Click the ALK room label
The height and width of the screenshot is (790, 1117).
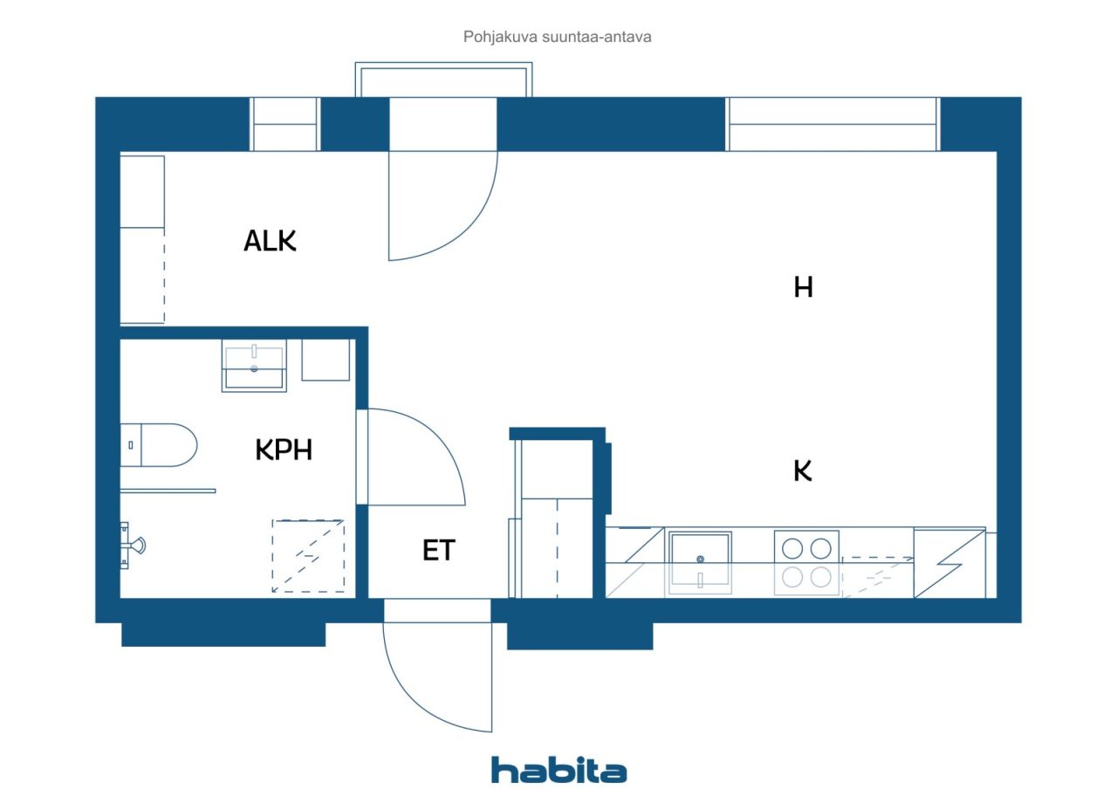(270, 241)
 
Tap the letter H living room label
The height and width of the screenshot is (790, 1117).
(803, 287)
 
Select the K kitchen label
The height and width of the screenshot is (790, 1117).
(803, 471)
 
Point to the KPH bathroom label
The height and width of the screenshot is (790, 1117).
(284, 450)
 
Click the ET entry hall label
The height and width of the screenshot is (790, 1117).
(438, 551)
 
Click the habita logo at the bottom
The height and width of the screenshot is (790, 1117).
(558, 770)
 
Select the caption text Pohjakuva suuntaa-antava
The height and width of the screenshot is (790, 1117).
(558, 38)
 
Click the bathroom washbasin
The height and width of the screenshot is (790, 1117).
(254, 367)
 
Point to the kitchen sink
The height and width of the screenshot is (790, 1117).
(700, 562)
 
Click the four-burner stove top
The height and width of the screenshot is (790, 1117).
(806, 562)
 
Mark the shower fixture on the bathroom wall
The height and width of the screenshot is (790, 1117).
(134, 543)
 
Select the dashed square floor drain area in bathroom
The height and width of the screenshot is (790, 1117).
(307, 556)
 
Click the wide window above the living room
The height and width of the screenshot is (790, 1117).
(833, 124)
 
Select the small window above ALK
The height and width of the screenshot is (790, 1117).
(284, 124)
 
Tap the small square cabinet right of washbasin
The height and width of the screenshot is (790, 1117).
(326, 360)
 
